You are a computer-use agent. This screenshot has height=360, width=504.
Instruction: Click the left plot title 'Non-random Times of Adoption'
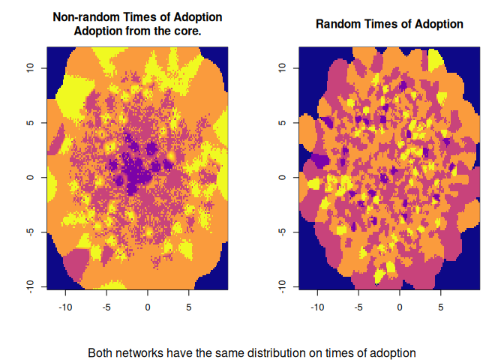click(137, 17)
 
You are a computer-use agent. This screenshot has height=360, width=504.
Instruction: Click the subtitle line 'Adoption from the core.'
click(137, 31)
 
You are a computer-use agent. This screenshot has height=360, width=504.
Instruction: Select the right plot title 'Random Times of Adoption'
click(389, 24)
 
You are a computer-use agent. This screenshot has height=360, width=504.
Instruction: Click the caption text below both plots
click(251, 352)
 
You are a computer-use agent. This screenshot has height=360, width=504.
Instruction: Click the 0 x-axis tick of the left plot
click(148, 307)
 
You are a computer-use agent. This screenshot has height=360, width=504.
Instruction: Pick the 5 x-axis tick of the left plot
click(189, 307)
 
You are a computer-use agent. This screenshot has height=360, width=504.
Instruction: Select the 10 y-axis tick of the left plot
click(30, 67)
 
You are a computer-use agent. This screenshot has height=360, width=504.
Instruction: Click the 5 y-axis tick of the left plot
click(30, 122)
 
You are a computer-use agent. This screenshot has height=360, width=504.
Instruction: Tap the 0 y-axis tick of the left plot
click(30, 177)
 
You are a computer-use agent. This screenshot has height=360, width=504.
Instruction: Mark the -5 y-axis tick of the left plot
click(30, 231)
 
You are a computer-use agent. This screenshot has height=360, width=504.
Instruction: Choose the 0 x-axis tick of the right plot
click(400, 307)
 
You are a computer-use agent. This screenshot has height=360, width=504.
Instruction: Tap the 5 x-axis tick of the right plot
click(441, 307)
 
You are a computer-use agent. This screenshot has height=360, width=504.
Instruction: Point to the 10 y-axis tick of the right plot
click(282, 67)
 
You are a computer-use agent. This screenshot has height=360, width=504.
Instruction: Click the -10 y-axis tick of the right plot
click(282, 286)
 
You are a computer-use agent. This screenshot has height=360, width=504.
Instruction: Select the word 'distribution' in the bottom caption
click(289, 352)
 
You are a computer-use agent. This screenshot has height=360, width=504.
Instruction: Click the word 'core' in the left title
click(187, 31)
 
